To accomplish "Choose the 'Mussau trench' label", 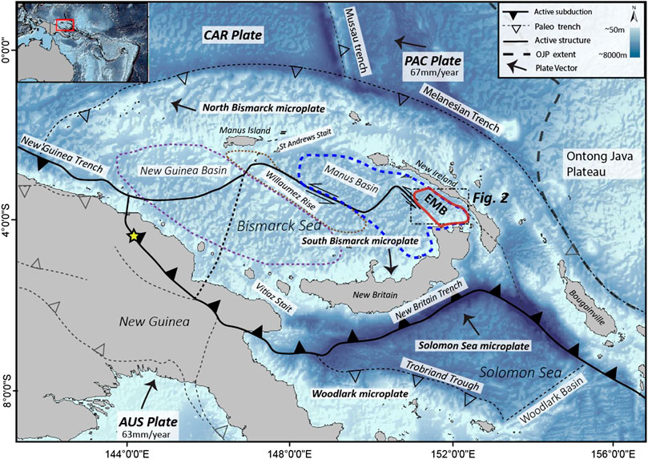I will pyautogui.click(x=351, y=38).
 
